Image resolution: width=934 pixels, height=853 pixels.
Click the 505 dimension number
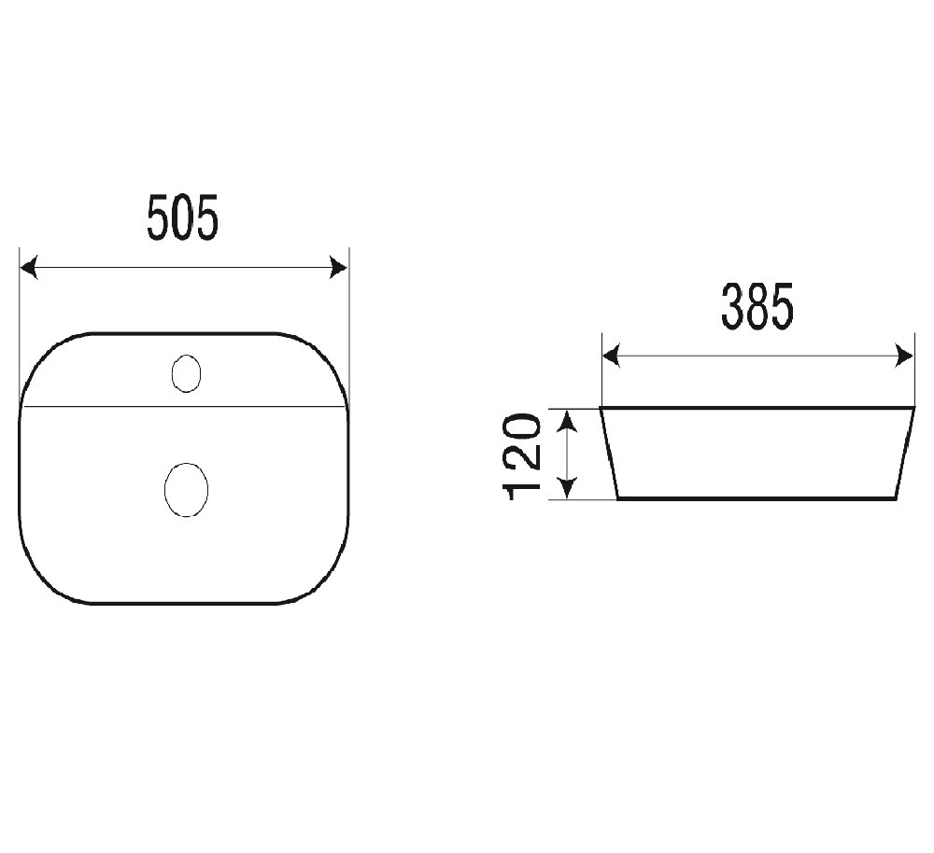tap(183, 217)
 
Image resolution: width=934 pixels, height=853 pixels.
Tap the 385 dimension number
tap(757, 307)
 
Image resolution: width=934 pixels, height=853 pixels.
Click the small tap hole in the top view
tap(187, 373)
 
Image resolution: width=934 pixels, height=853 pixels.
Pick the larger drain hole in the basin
tap(187, 489)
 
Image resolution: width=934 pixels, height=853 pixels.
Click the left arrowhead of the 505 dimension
tap(29, 268)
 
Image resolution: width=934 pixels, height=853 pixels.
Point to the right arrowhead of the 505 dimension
tap(338, 268)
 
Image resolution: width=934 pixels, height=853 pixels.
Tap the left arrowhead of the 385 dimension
tap(612, 356)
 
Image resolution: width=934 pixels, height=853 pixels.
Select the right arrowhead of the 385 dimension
tap(904, 356)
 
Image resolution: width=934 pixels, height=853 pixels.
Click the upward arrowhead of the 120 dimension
tap(568, 420)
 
